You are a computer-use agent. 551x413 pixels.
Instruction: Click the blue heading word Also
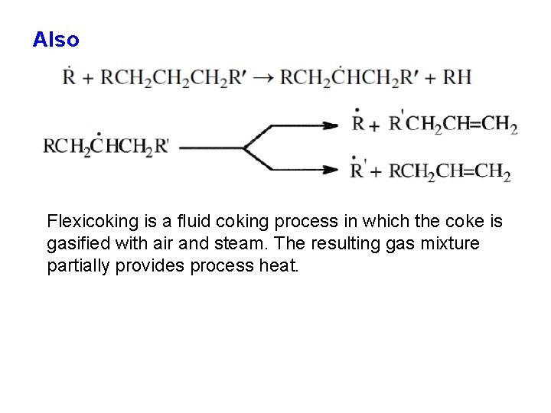pyautogui.click(x=56, y=40)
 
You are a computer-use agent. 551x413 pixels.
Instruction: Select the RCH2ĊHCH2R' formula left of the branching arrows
pyautogui.click(x=106, y=146)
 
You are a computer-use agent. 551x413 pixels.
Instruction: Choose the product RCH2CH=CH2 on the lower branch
pyautogui.click(x=450, y=171)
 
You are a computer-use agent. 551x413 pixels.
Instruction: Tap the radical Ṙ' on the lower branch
pyautogui.click(x=359, y=169)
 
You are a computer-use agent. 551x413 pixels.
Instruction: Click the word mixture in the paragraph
pyautogui.click(x=453, y=244)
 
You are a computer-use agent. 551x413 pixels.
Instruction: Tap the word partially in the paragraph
pyautogui.click(x=79, y=266)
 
